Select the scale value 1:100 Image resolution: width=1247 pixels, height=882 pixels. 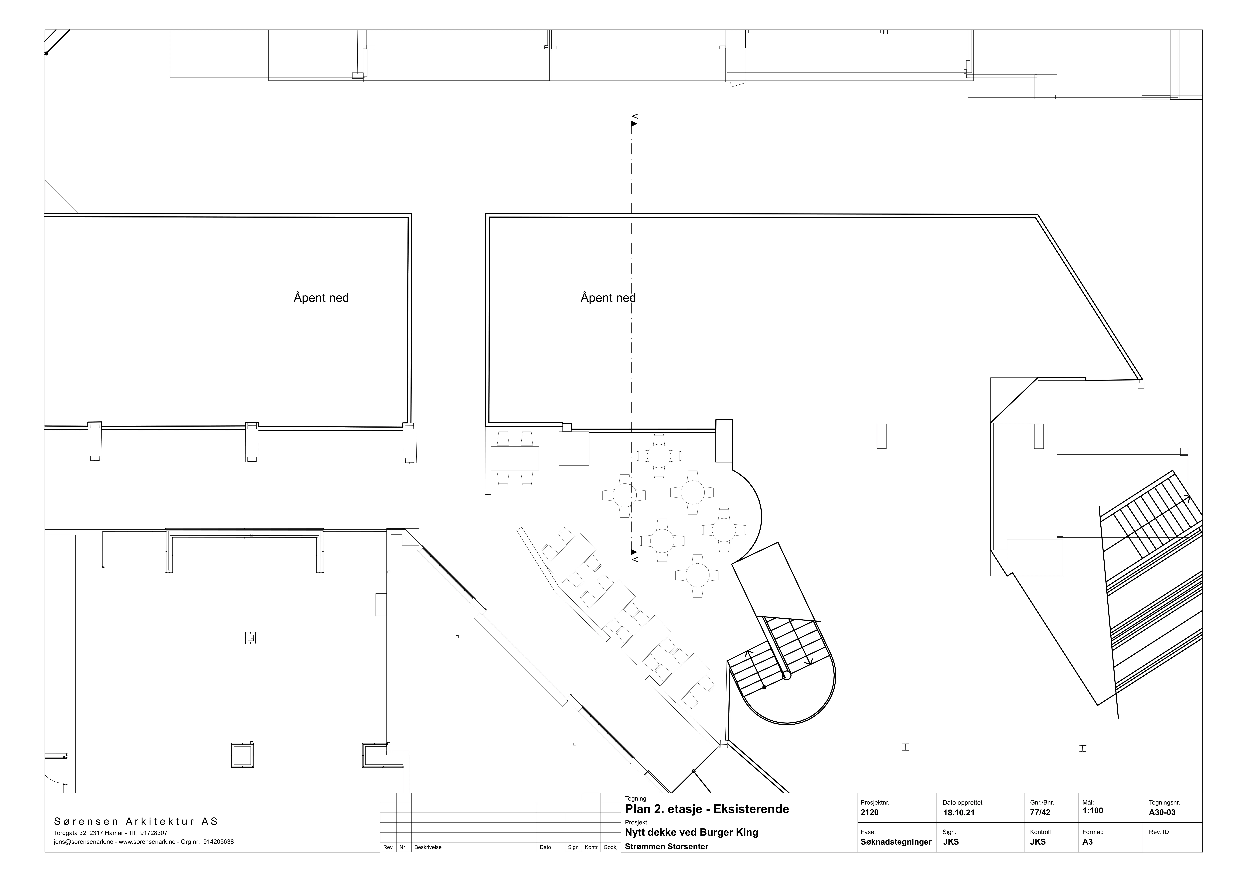[1093, 811]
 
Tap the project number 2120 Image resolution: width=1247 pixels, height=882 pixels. [870, 812]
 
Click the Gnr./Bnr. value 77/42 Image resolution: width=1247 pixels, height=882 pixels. [1040, 812]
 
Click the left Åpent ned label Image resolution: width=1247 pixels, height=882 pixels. [321, 298]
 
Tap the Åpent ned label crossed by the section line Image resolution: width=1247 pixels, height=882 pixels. [608, 298]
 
